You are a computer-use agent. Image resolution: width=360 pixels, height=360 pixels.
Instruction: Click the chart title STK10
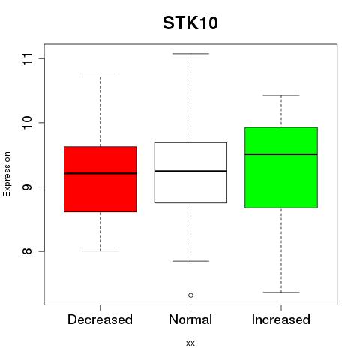pos(190,23)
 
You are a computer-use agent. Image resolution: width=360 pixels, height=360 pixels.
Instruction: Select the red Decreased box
pos(100,179)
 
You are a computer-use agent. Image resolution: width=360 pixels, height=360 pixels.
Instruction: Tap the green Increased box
pos(281,168)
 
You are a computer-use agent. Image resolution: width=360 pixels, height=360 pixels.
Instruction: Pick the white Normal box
pos(190,172)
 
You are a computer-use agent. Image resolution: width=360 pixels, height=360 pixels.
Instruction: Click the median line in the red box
pos(100,173)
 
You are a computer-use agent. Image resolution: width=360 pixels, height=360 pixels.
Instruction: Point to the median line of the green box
pos(281,154)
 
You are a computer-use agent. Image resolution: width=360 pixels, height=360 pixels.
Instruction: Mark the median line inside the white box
pos(190,171)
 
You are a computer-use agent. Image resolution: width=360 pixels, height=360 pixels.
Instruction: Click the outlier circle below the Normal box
pos(190,295)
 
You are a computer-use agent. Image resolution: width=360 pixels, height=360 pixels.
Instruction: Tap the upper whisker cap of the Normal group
pos(190,54)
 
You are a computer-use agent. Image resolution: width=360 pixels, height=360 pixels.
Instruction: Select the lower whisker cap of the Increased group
pos(281,292)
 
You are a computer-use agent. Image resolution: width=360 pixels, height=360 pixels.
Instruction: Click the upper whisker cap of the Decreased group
pos(100,76)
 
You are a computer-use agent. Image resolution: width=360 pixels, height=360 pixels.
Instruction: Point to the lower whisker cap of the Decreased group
pos(100,250)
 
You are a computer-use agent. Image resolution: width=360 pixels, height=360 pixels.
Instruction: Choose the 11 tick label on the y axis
pos(27,59)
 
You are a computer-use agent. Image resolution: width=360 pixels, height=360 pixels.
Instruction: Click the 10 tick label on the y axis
pos(27,123)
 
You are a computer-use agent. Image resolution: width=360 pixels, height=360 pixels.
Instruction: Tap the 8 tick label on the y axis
pos(27,251)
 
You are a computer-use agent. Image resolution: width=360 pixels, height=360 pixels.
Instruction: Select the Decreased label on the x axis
pos(100,319)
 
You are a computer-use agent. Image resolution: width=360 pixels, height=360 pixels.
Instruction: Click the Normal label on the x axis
pos(190,319)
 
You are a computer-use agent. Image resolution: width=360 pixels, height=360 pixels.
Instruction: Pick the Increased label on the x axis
pos(281,319)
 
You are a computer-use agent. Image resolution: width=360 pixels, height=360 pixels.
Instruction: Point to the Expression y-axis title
pos(7,174)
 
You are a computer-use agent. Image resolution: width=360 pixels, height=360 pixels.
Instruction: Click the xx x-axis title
pos(190,343)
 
